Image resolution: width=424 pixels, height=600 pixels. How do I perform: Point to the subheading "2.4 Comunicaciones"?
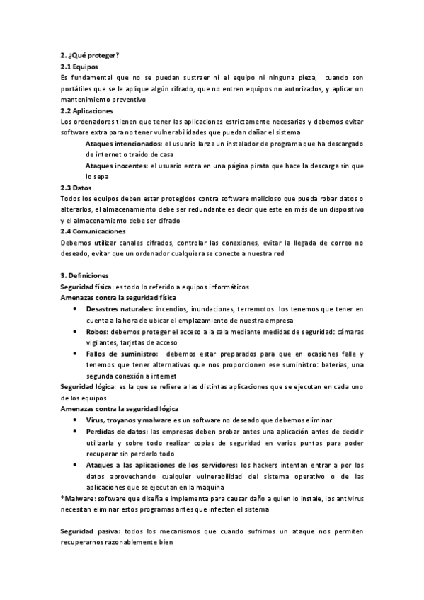tap(93, 231)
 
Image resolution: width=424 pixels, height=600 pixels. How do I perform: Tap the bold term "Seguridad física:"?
tap(86, 287)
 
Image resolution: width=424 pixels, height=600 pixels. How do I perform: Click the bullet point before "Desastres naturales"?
tap(76, 310)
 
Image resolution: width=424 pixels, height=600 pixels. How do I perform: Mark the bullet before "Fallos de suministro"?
tap(76, 354)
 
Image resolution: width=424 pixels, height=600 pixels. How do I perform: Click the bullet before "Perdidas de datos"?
tap(76, 432)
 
